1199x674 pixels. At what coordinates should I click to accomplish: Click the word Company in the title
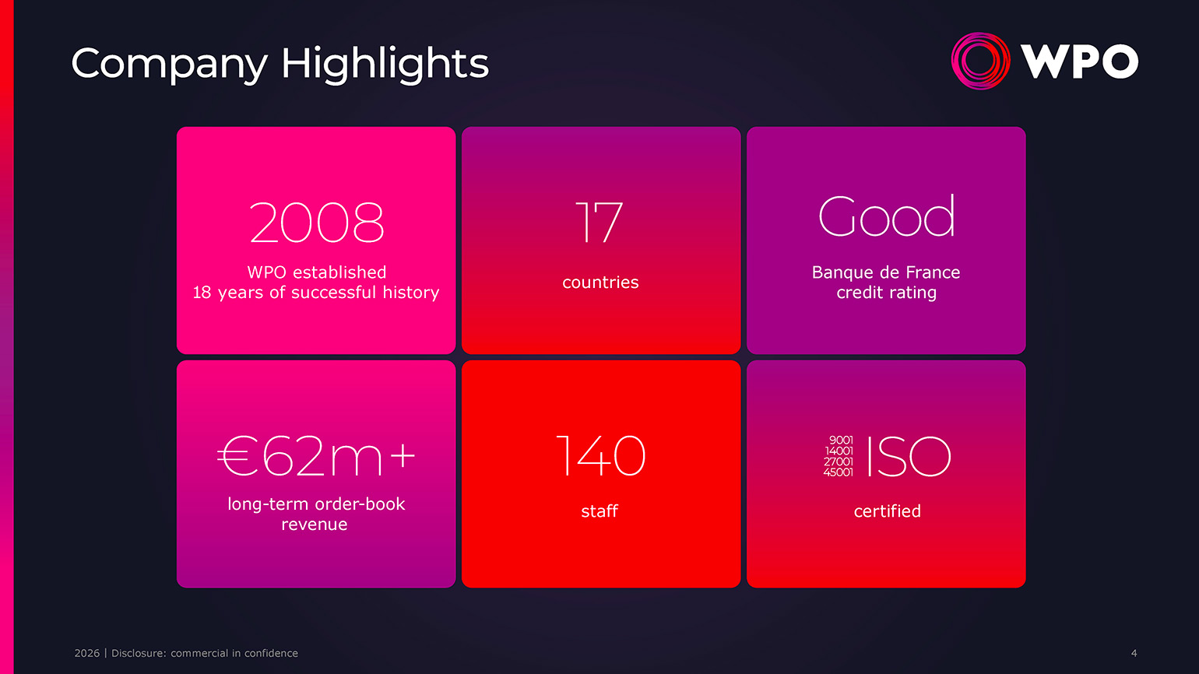point(169,64)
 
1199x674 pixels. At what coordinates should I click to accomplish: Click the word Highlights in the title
point(385,64)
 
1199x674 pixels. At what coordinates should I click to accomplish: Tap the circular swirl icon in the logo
point(981,61)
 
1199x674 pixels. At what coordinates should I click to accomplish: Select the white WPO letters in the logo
point(1080,61)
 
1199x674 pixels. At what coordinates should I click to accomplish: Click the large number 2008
point(317,223)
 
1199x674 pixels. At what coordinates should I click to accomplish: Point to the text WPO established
point(316,272)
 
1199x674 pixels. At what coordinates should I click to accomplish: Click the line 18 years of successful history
point(316,293)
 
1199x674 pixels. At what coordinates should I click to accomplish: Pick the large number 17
point(599,223)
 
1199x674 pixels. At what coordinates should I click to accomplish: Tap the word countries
point(600,283)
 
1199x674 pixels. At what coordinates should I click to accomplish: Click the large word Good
point(886,216)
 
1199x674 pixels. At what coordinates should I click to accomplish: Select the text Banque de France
point(886,272)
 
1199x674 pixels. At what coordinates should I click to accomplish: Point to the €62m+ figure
point(316,456)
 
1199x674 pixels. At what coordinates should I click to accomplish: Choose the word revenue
point(315,525)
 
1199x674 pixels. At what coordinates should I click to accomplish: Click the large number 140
point(600,456)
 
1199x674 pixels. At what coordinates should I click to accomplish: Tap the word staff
point(599,511)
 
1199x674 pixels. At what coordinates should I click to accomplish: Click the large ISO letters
point(909,456)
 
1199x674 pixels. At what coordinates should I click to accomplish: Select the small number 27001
point(839,462)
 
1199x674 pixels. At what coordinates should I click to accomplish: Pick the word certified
point(887,511)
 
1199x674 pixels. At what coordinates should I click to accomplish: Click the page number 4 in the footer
point(1134,653)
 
